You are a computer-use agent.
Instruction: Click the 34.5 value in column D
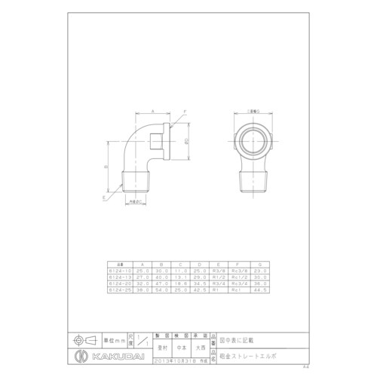point(200,283)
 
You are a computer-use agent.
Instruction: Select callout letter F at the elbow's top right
point(182,111)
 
